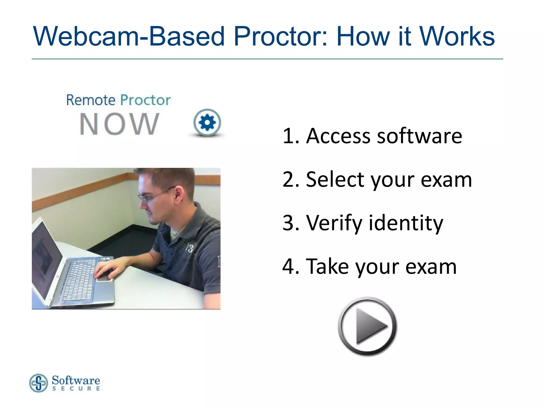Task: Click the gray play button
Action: [x=367, y=326]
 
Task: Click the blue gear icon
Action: [x=207, y=123]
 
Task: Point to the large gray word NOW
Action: [x=119, y=124]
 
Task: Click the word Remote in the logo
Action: [x=91, y=100]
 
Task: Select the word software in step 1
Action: [x=420, y=136]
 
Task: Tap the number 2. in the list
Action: [x=291, y=180]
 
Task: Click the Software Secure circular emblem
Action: [x=39, y=383]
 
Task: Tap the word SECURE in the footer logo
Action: [x=76, y=389]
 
